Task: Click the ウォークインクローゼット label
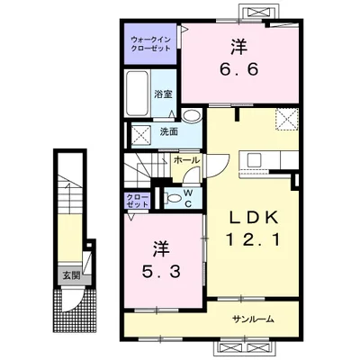click(x=151, y=44)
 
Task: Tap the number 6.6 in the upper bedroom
click(x=239, y=70)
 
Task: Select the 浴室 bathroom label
click(x=163, y=94)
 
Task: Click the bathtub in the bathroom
click(x=138, y=93)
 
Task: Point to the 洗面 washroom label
click(x=169, y=131)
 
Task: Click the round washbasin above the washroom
click(x=193, y=115)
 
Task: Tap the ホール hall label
click(x=186, y=160)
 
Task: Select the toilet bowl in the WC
click(x=173, y=198)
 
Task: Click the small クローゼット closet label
click(x=138, y=201)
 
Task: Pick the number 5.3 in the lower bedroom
click(x=161, y=272)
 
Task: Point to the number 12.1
click(x=254, y=240)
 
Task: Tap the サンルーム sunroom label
click(x=254, y=319)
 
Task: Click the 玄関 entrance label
click(x=71, y=274)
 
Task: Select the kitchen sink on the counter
click(x=255, y=159)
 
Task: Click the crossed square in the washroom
click(x=140, y=135)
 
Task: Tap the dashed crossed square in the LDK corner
click(x=287, y=119)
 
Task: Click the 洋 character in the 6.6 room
click(x=239, y=47)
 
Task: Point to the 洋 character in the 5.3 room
click(x=161, y=248)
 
